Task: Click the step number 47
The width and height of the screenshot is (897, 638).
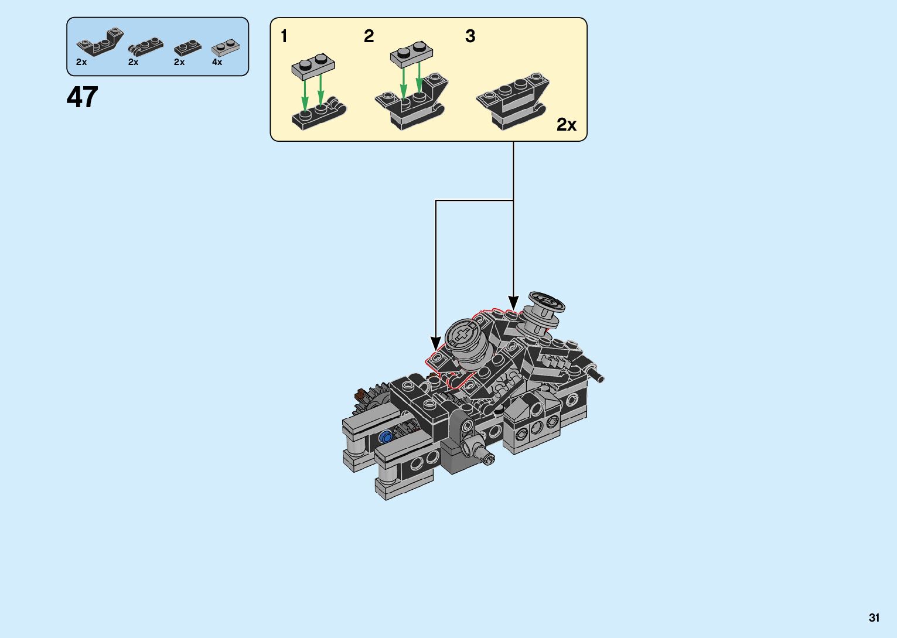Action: [x=82, y=97]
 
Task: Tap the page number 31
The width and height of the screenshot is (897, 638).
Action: [x=874, y=618]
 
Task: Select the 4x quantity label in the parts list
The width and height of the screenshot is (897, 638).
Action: [x=217, y=62]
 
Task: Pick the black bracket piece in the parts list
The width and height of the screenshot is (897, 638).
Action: [x=100, y=43]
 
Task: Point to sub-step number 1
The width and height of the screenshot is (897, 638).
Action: [x=284, y=36]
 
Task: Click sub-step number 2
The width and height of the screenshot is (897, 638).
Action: [x=369, y=36]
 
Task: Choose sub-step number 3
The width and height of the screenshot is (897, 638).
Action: [x=470, y=36]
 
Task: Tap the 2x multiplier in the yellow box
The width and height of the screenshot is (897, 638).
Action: [x=566, y=125]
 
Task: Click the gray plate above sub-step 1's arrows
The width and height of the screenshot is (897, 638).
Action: [x=313, y=65]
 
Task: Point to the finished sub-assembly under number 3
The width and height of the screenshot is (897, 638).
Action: [x=512, y=101]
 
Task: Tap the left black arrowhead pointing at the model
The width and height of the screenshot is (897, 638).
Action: [x=435, y=343]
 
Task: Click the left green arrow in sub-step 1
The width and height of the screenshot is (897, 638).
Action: [x=305, y=94]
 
